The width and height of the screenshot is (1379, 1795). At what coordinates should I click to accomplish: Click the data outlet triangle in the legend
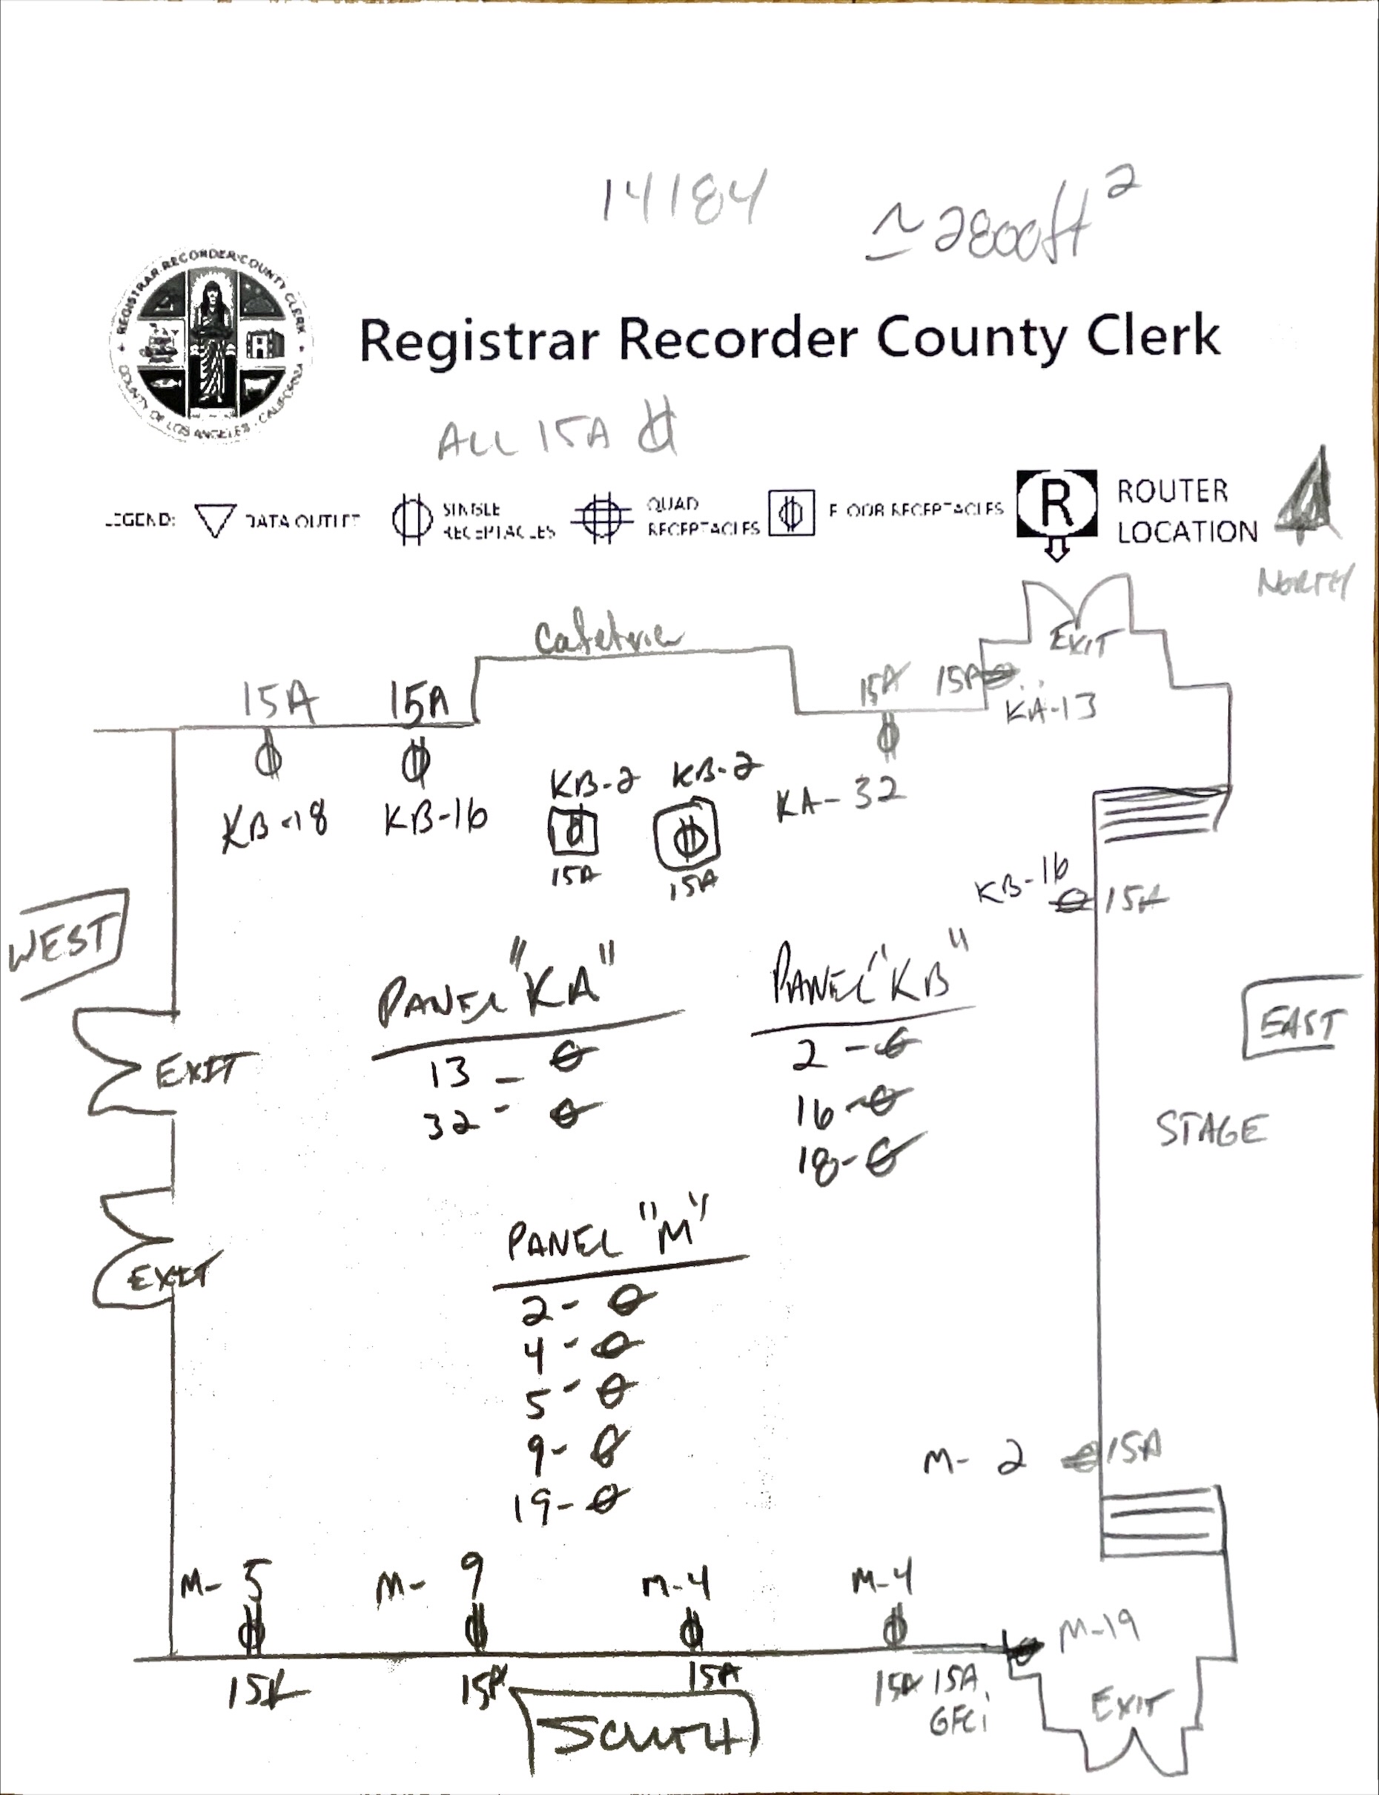coord(215,520)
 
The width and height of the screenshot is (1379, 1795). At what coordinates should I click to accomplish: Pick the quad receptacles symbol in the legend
coord(603,516)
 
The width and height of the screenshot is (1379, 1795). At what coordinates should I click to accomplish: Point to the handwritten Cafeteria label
coord(607,636)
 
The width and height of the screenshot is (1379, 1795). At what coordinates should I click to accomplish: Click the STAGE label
coord(1211,1129)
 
